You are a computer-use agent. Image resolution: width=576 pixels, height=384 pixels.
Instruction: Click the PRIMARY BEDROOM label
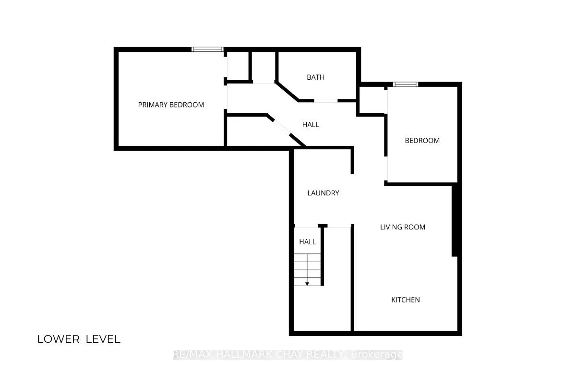171,105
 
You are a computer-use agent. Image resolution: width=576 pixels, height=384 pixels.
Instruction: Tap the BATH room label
315,77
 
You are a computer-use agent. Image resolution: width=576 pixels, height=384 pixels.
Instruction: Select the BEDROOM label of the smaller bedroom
422,141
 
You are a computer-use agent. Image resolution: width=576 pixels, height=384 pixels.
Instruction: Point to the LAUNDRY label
323,193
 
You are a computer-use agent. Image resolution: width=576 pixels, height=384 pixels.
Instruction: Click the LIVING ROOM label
403,227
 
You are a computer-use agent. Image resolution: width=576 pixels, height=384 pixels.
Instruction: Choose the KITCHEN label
406,300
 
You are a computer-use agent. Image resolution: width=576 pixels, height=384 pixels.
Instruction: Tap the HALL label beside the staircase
307,242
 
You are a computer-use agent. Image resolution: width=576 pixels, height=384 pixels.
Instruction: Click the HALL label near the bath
311,125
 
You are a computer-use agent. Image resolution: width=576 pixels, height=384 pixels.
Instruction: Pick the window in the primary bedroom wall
207,49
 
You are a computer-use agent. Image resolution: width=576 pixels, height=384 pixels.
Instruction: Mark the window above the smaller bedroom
406,84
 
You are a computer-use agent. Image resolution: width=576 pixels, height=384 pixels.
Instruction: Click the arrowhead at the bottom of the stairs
307,284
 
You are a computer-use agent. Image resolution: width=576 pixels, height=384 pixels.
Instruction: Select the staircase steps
307,270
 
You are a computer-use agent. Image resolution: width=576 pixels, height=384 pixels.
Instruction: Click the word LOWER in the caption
59,339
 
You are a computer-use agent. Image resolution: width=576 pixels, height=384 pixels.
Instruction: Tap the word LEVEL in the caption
103,339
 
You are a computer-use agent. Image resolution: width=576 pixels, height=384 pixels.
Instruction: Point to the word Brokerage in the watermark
377,355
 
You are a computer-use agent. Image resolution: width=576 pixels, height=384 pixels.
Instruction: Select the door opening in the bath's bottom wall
326,101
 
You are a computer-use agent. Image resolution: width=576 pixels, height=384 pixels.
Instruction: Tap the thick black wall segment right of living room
455,221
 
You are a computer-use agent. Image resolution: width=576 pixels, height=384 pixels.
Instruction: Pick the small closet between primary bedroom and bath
238,66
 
